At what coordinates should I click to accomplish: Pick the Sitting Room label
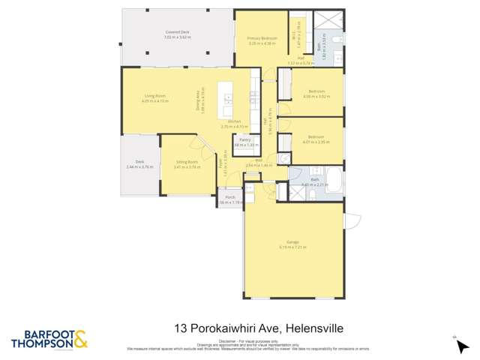[187, 161]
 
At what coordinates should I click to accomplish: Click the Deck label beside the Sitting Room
[139, 161]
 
